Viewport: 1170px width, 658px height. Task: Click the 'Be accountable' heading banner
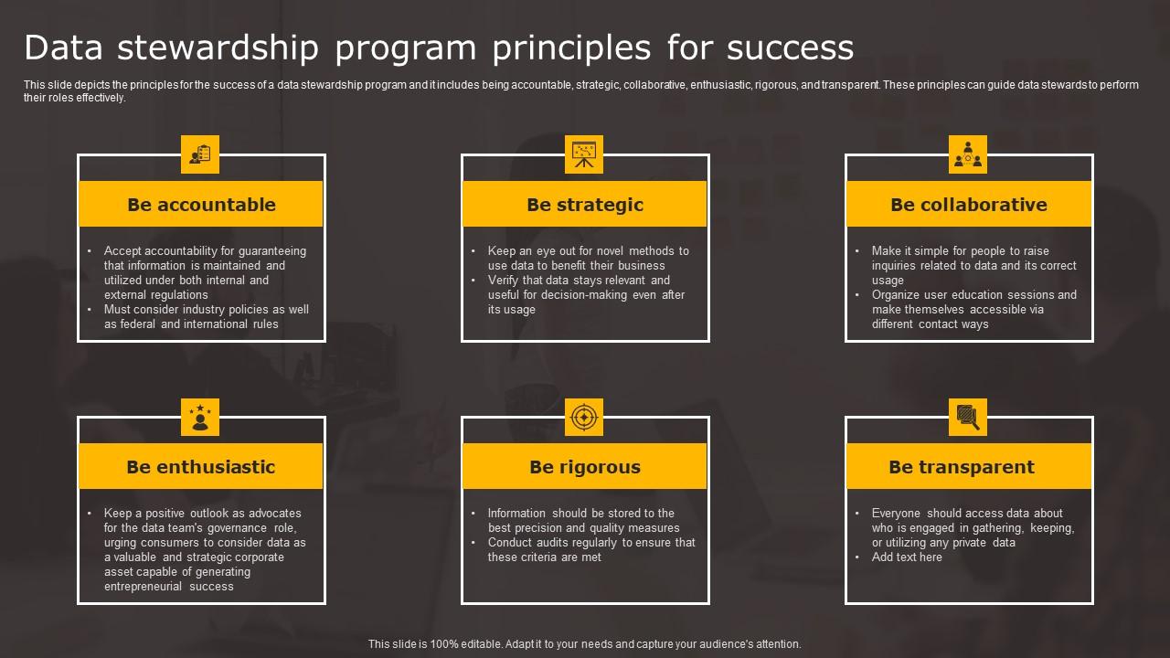[201, 204]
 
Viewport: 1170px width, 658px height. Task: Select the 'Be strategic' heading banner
[585, 204]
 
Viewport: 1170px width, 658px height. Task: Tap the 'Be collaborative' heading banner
[969, 204]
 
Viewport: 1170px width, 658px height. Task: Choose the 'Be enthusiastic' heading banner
[201, 466]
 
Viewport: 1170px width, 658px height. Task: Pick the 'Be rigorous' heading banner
[585, 466]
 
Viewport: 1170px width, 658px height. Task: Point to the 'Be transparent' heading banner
[969, 466]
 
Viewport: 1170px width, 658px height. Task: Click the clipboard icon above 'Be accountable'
[200, 154]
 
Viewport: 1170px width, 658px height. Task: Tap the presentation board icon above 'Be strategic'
[584, 154]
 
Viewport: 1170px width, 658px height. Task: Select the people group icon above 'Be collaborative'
[968, 154]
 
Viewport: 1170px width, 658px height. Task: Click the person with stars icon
[200, 417]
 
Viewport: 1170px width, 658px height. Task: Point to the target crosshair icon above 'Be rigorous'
[584, 417]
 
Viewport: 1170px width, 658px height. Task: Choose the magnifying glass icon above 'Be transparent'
[968, 417]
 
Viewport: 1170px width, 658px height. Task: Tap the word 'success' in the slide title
[791, 47]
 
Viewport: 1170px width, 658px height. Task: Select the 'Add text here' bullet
[907, 557]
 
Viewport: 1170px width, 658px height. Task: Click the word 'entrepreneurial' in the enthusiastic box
[144, 586]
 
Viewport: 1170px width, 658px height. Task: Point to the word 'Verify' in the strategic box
[504, 280]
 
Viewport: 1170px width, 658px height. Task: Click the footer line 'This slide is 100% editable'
[585, 643]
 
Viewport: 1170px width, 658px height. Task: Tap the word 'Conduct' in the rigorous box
[510, 542]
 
